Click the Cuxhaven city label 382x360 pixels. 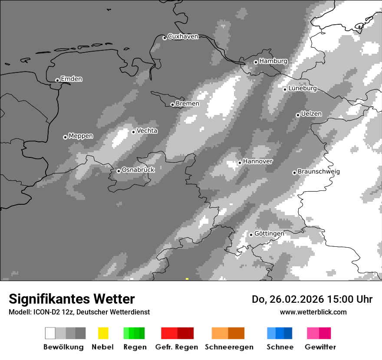point(183,36)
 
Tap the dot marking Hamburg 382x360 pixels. point(256,62)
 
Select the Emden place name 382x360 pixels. point(71,79)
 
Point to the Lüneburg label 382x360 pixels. point(302,88)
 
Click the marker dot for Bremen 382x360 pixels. point(172,105)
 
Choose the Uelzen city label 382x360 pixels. point(311,114)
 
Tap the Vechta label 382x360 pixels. point(147,131)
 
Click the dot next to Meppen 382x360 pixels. point(65,137)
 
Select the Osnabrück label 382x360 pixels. point(138,170)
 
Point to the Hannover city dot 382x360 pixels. point(240,163)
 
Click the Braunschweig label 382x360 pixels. point(318,172)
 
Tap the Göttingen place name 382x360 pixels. point(269,234)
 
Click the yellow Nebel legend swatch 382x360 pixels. point(103,333)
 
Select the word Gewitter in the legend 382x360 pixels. point(320,347)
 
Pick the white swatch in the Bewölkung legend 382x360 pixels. point(50,333)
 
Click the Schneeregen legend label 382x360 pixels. point(229,347)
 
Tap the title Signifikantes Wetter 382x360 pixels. point(72,299)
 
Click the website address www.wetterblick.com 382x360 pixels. point(313,312)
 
